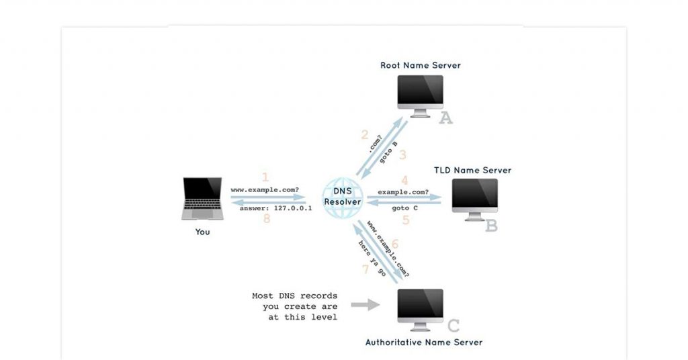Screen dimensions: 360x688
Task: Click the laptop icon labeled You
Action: click(x=202, y=199)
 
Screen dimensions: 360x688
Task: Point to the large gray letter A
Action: click(x=445, y=119)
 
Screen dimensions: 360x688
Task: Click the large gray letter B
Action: click(x=491, y=226)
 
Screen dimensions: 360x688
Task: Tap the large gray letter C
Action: click(x=454, y=326)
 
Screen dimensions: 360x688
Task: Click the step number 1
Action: click(x=265, y=177)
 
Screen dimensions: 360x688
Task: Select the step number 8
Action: click(x=266, y=219)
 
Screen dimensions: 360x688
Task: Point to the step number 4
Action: click(x=404, y=181)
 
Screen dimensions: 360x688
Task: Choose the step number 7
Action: click(x=365, y=269)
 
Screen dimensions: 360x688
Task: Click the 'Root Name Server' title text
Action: click(x=421, y=65)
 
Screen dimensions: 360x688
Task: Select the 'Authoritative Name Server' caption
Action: click(x=423, y=343)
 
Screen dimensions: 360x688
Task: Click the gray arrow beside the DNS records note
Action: click(x=365, y=305)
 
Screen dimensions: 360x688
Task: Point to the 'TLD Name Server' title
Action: click(x=472, y=171)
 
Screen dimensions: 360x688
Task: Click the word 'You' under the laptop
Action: click(x=202, y=232)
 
